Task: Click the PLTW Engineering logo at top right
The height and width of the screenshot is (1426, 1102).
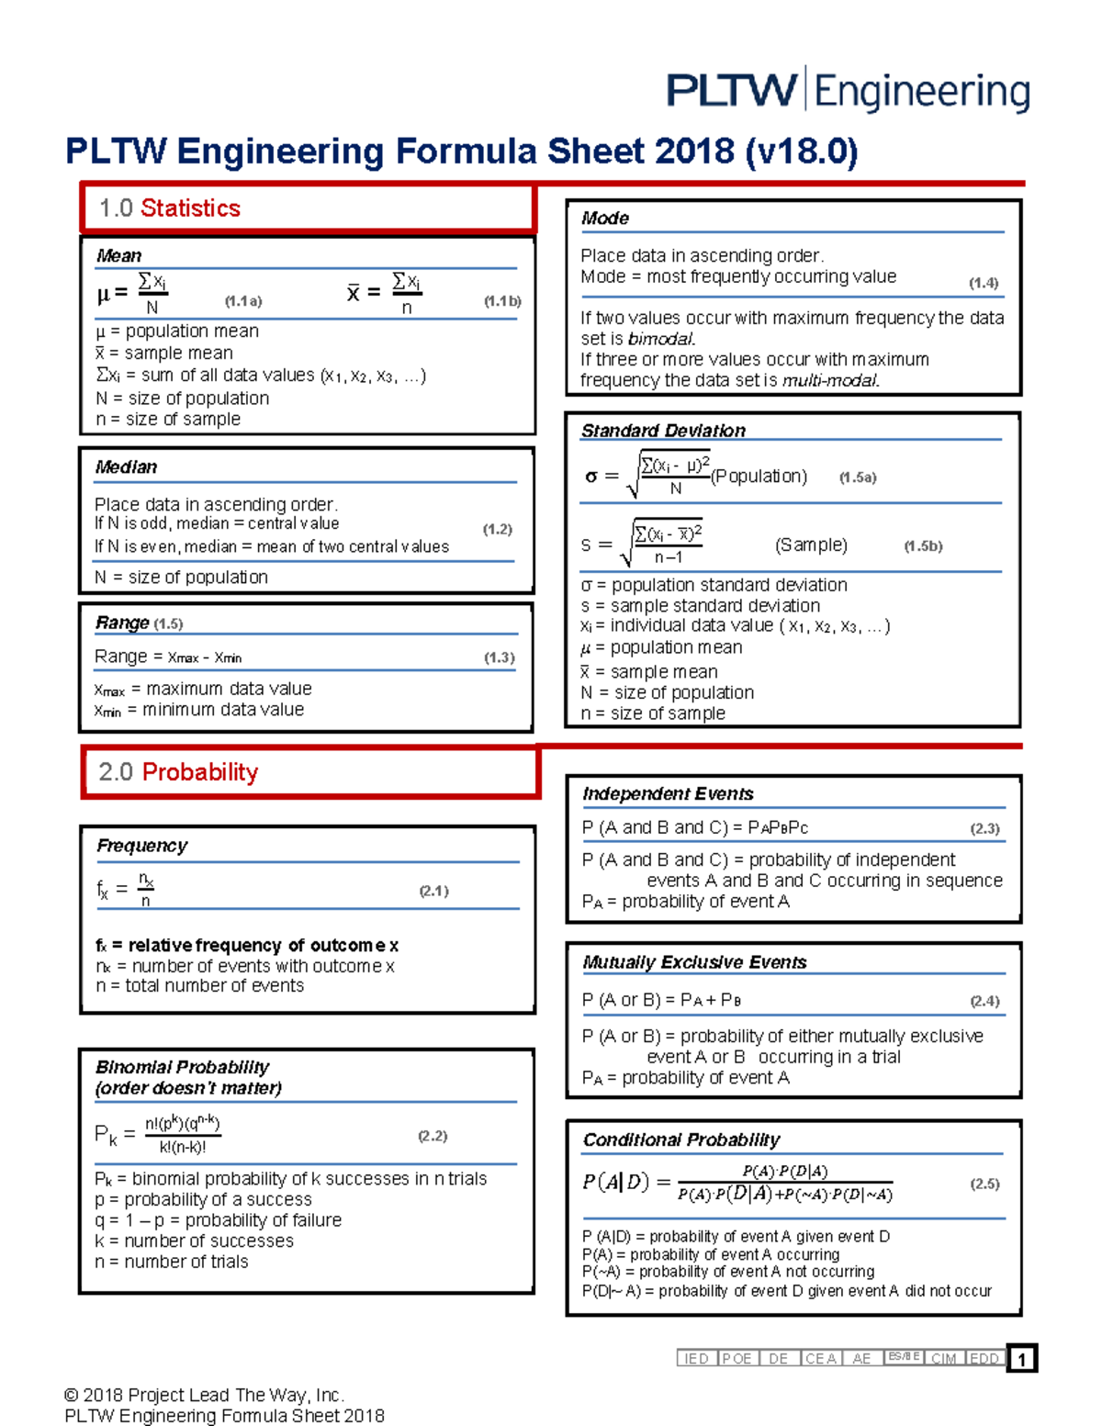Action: coord(848,90)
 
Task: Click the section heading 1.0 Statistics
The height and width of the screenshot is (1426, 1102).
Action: coord(170,208)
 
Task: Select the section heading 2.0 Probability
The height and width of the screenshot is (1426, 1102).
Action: coord(178,772)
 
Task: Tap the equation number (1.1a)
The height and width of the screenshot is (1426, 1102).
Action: coord(243,301)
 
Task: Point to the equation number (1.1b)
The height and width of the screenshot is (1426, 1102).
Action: coord(502,301)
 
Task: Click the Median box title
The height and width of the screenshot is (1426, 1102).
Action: coord(126,467)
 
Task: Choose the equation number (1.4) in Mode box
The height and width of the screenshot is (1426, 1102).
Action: coord(984,283)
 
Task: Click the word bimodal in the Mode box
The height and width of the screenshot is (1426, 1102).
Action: coord(661,339)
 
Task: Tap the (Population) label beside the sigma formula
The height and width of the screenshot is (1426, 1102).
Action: coord(759,477)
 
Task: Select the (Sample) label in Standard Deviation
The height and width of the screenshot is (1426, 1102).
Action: coord(811,545)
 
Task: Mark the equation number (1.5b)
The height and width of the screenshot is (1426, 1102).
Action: coord(923,546)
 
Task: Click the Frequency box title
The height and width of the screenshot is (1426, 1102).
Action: coord(142,846)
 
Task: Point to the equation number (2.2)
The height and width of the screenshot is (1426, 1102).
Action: coord(433,1136)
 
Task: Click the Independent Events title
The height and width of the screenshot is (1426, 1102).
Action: coord(668,794)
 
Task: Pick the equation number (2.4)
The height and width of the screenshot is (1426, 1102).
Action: coord(984,1001)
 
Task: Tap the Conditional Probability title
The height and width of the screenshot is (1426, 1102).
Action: coord(681,1140)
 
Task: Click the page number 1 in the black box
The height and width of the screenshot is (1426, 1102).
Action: coord(1021,1359)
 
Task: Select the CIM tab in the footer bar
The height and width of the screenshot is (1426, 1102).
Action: coord(943,1359)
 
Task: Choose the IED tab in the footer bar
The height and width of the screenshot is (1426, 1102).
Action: coord(696,1359)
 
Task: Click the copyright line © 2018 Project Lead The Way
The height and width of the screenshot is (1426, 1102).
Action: coord(204,1396)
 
